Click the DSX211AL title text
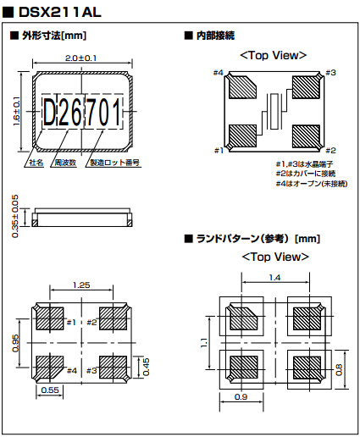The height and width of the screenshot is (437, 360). coord(59,13)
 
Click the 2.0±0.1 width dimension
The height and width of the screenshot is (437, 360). coord(80,58)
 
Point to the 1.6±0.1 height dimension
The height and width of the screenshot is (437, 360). coord(17,111)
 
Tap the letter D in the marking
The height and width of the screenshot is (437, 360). coord(49,113)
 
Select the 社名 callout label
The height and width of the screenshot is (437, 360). coord(36,163)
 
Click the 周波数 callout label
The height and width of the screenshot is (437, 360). coord(65,163)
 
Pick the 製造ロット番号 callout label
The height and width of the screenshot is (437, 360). coord(114,163)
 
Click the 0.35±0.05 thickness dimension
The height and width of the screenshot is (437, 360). coord(15,216)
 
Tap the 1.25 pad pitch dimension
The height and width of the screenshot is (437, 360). coord(81,285)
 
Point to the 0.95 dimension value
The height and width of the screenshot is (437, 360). coord(15,343)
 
